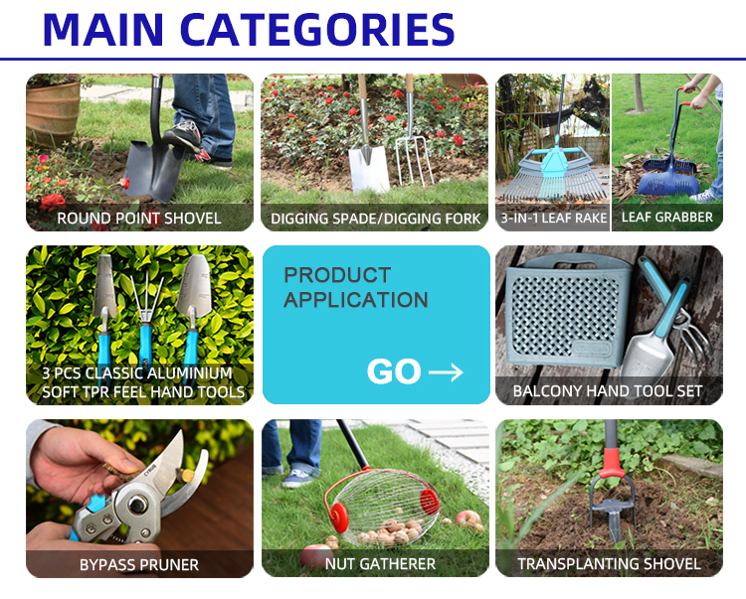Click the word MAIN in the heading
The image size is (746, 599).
point(103,30)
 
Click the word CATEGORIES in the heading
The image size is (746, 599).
point(317,30)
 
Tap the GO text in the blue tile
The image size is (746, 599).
point(394,372)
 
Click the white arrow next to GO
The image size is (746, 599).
point(446,372)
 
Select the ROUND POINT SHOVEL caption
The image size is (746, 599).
point(139,219)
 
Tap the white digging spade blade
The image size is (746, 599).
point(369,169)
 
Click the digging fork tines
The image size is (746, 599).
point(415,162)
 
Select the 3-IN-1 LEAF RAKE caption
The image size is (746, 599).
point(554,218)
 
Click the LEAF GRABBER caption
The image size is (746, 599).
point(667,218)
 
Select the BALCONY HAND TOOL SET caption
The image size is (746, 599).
point(608,391)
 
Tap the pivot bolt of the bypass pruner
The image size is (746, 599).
point(138,505)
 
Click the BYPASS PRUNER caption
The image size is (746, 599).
point(139,564)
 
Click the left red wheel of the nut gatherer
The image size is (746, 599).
point(340,518)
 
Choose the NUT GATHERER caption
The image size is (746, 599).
point(380,564)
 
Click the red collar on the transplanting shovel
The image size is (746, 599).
point(612,463)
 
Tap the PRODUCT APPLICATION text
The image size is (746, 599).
point(356,288)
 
